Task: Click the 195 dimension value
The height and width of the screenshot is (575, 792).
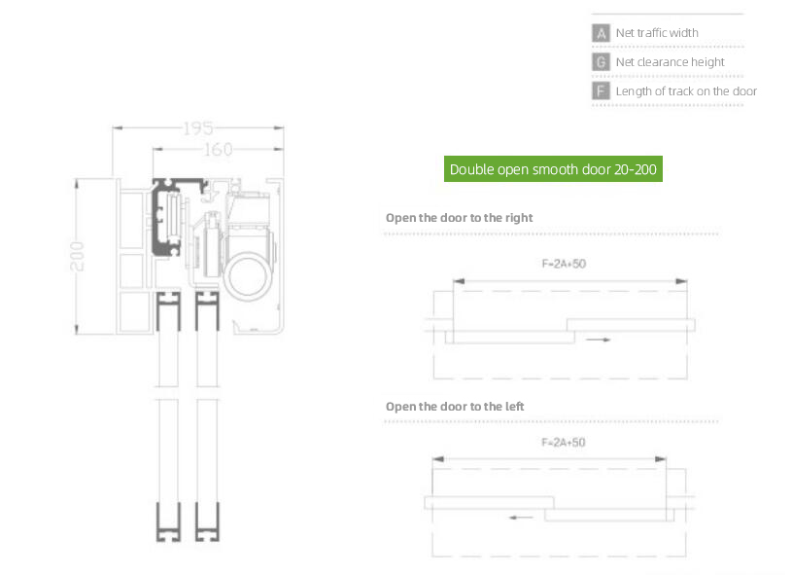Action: tap(198, 128)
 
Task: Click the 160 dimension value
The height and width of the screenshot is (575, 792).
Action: tap(219, 149)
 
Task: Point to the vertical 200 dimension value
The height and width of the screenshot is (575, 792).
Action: tap(77, 256)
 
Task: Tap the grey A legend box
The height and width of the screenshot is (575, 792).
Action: tap(601, 33)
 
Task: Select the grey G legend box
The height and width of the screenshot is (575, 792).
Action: tap(601, 62)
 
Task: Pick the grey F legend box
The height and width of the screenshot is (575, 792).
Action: tap(601, 91)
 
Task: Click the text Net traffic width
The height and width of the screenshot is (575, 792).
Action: tap(657, 33)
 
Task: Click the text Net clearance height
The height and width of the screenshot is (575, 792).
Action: tap(670, 62)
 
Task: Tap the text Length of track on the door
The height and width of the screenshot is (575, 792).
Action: tap(686, 91)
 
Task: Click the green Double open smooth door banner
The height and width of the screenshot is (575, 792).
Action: tap(553, 169)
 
